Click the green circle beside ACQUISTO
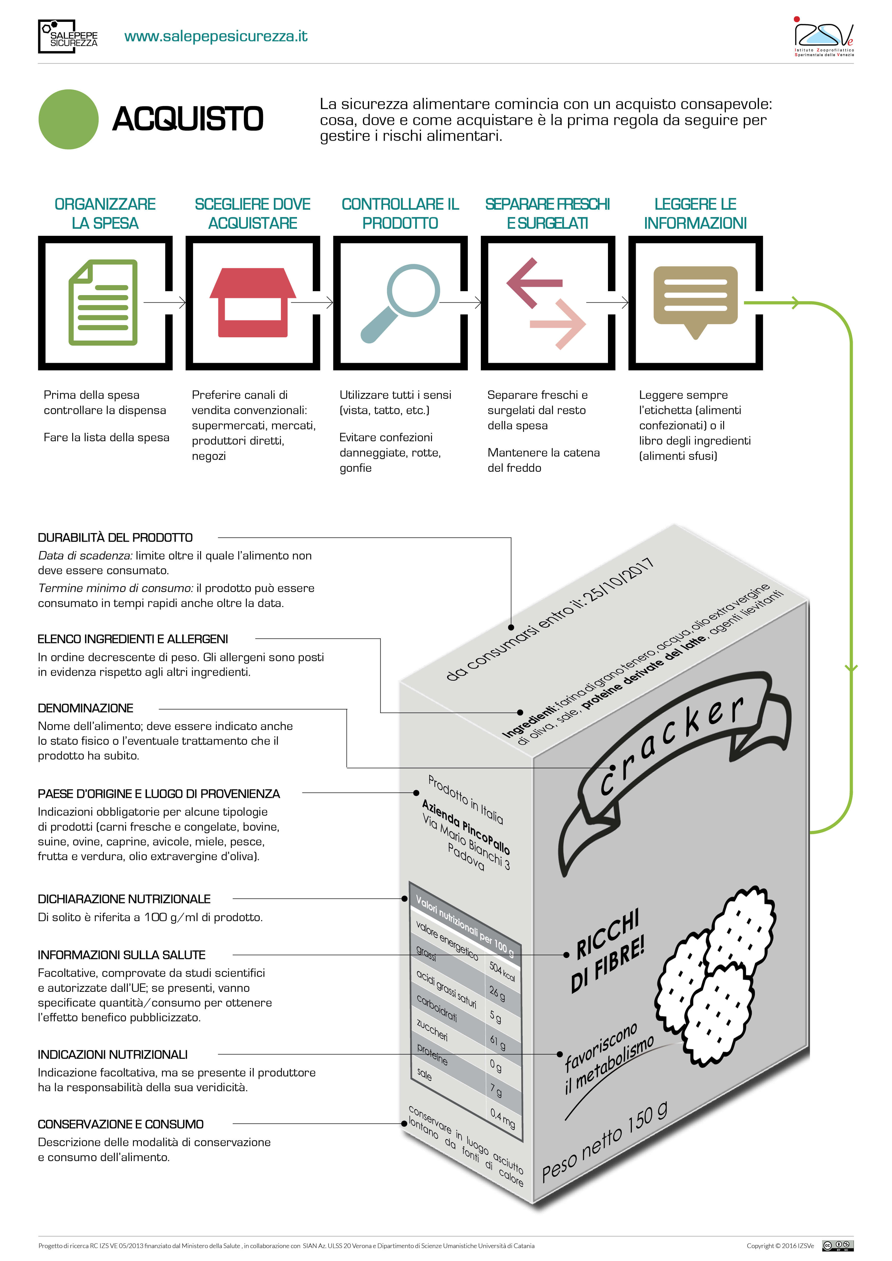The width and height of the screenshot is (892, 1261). [x=69, y=119]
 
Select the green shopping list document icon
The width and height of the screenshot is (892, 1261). [x=103, y=303]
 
